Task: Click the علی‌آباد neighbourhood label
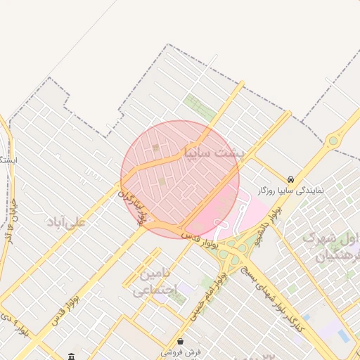[65, 222]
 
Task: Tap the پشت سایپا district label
[214, 151]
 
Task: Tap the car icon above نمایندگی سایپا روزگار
[290, 179]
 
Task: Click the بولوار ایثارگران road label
[133, 205]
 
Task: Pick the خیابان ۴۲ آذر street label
[11, 220]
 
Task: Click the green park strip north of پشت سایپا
[200, 108]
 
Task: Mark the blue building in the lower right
[344, 337]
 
